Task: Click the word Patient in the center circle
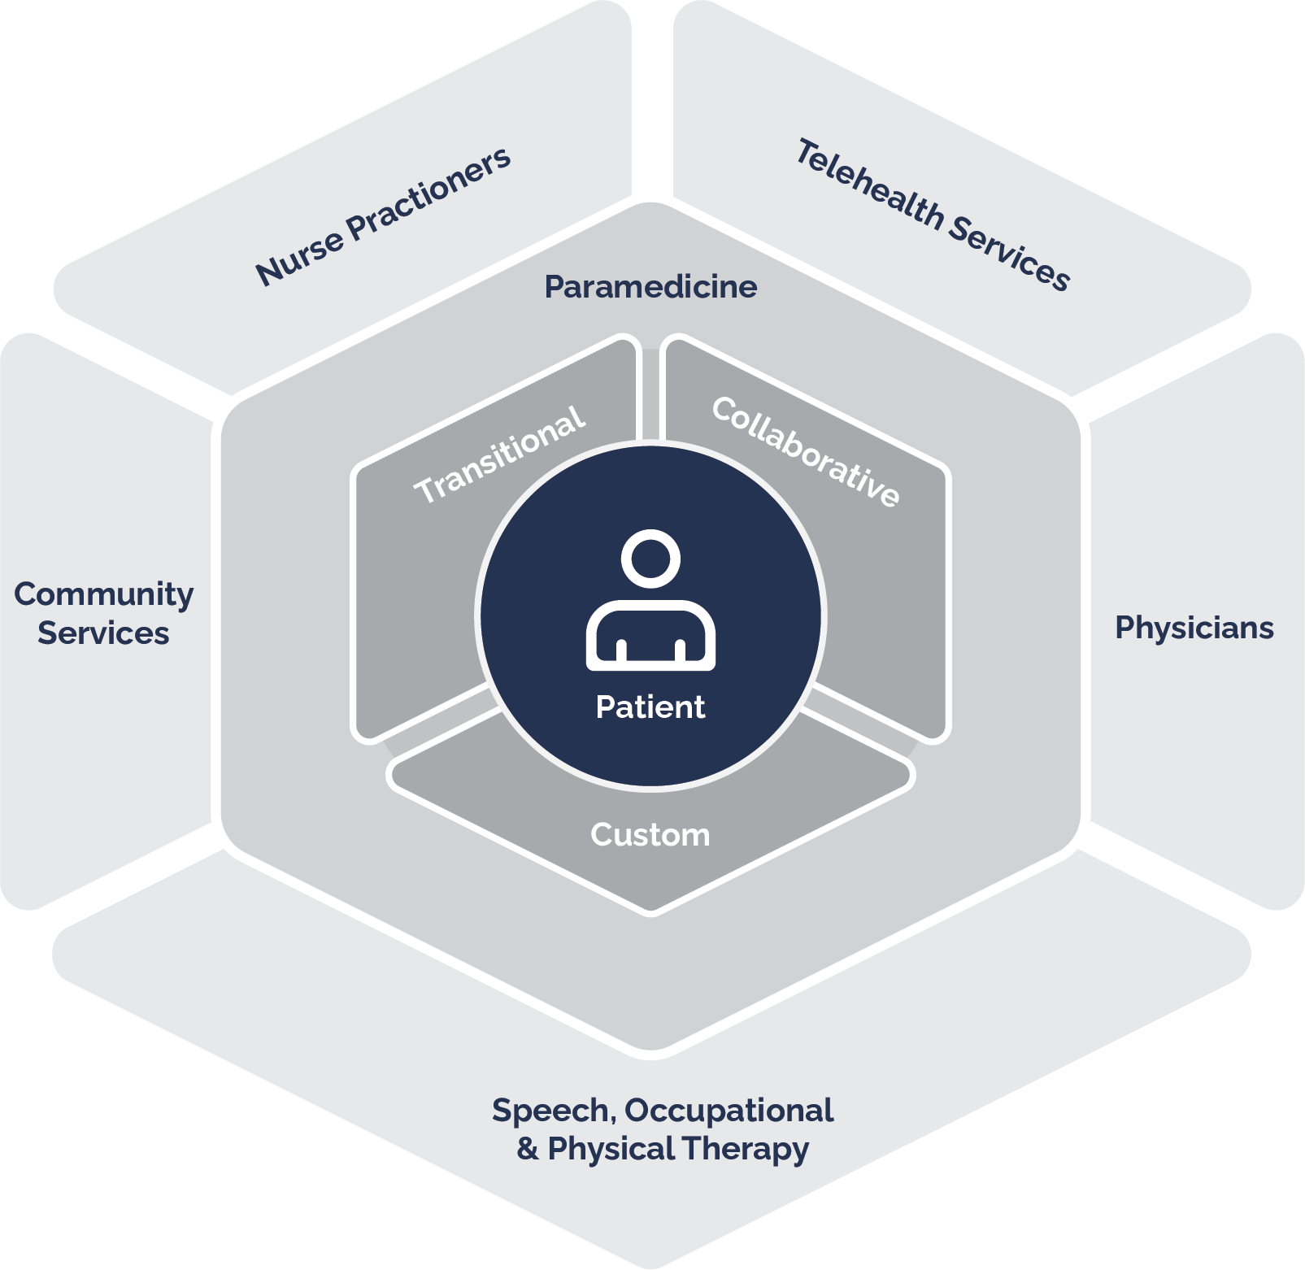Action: pyautogui.click(x=650, y=707)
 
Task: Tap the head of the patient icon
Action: pyautogui.click(x=650, y=559)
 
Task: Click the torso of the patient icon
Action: pyautogui.click(x=650, y=634)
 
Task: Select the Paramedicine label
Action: pyautogui.click(x=650, y=287)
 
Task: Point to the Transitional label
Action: pyautogui.click(x=499, y=455)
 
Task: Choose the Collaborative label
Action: pyautogui.click(x=806, y=452)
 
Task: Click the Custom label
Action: pyautogui.click(x=650, y=835)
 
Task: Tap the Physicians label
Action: pyautogui.click(x=1194, y=628)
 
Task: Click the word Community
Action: pyautogui.click(x=104, y=595)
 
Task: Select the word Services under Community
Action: pyautogui.click(x=103, y=633)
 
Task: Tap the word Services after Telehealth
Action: pyautogui.click(x=1009, y=253)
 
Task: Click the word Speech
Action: pyautogui.click(x=550, y=1111)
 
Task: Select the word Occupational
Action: pyautogui.click(x=729, y=1111)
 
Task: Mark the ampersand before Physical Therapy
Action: pyautogui.click(x=527, y=1149)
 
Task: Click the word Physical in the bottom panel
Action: pyautogui.click(x=611, y=1150)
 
